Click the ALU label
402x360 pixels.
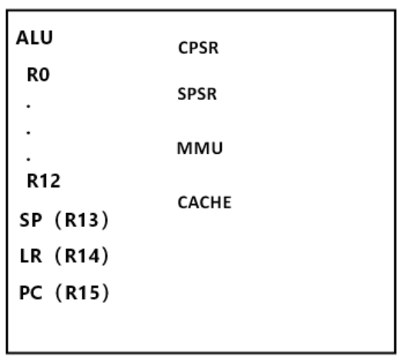click(x=35, y=38)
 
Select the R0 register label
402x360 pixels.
click(x=39, y=75)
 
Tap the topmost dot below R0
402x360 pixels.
click(x=28, y=106)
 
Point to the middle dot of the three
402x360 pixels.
click(x=28, y=132)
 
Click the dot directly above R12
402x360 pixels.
click(x=28, y=159)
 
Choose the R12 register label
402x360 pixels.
click(x=44, y=181)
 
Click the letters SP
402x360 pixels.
click(x=30, y=220)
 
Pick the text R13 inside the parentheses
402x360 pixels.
click(x=82, y=220)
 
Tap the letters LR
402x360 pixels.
click(x=31, y=255)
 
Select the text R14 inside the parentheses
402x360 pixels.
click(x=82, y=255)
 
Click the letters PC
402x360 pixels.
click(x=31, y=292)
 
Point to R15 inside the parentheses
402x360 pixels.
click(x=82, y=292)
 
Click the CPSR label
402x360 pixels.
click(x=199, y=48)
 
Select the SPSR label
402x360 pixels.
click(x=197, y=94)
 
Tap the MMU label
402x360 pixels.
click(x=199, y=148)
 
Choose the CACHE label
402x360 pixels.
click(x=204, y=202)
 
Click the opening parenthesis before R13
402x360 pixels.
click(x=59, y=220)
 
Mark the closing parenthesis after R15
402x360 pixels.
click(x=106, y=293)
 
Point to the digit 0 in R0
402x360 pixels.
click(x=45, y=75)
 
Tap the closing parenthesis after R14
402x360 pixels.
click(x=105, y=256)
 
